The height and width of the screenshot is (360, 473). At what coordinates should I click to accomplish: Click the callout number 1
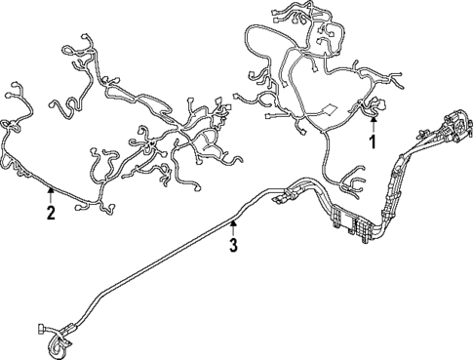point(372,143)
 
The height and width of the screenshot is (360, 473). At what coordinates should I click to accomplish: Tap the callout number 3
point(233,245)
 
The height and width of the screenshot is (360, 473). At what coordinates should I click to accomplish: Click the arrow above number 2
point(50,192)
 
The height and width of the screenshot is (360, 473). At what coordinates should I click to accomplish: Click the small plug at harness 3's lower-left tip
point(41,329)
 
